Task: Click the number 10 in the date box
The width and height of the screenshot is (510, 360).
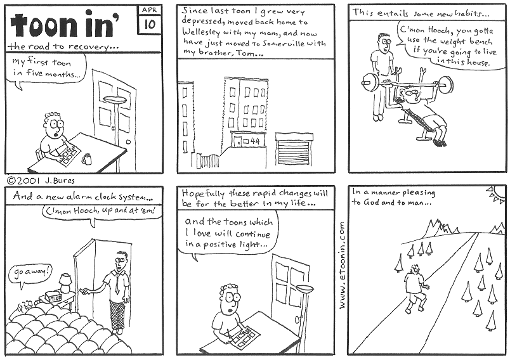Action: point(150,25)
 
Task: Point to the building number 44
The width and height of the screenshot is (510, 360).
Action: point(255,141)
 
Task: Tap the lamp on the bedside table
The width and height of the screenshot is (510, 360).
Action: point(65,281)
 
